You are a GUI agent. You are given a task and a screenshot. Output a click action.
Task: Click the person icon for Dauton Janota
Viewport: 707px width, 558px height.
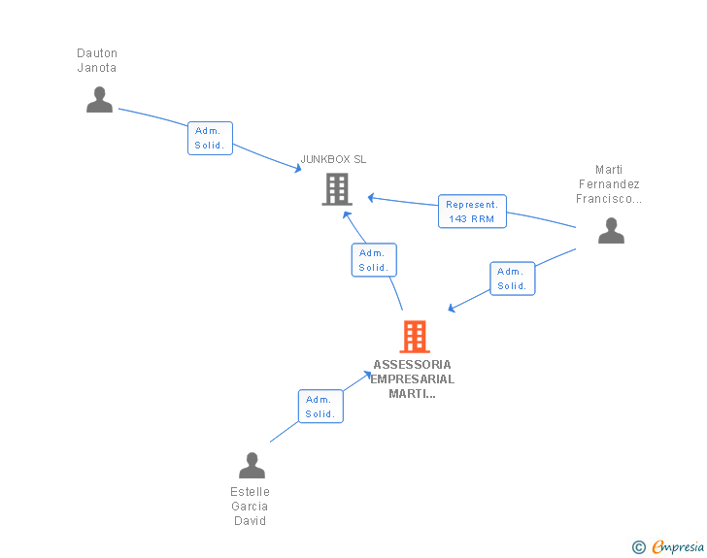coord(99,100)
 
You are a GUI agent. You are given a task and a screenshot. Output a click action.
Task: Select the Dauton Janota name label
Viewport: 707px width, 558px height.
coord(97,60)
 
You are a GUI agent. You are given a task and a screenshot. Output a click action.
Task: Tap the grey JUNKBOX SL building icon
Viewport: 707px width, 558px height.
coord(336,189)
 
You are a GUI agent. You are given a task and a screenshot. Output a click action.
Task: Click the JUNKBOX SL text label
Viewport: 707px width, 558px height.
coord(333,159)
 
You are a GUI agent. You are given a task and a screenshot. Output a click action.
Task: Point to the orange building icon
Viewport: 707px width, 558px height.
coord(414,337)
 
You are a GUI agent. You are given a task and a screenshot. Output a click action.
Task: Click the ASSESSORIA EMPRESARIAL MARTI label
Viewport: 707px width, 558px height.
coord(413,379)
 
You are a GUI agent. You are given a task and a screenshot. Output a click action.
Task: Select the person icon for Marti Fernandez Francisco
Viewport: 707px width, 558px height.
coord(610,231)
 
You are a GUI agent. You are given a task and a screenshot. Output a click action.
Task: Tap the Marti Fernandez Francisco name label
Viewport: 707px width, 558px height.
coord(609,184)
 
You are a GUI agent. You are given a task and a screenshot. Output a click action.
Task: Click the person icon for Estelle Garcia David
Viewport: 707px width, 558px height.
coord(252,466)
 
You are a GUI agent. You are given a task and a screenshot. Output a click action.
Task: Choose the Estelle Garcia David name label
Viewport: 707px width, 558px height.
coord(251,507)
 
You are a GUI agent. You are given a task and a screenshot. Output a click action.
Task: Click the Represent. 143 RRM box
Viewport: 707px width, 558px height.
coord(472,212)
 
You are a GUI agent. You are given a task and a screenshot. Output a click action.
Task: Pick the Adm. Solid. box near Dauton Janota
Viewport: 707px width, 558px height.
coord(210,138)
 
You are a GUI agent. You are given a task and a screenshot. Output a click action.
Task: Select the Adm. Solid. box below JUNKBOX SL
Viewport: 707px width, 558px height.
coord(373,260)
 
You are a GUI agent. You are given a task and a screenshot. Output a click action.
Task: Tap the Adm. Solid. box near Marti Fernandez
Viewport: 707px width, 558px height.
coord(512,279)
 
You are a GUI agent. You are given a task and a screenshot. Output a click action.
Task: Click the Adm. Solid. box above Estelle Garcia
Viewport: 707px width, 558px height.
coord(320,407)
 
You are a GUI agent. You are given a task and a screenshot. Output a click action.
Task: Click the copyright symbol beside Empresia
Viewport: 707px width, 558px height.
coord(638,548)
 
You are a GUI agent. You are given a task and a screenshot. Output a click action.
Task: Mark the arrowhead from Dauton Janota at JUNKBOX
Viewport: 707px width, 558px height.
coord(298,170)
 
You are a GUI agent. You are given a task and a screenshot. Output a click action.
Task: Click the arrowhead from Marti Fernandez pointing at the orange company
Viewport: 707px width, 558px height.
coord(452,310)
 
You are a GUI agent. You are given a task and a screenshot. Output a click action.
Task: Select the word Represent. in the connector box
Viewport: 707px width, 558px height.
coord(472,205)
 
